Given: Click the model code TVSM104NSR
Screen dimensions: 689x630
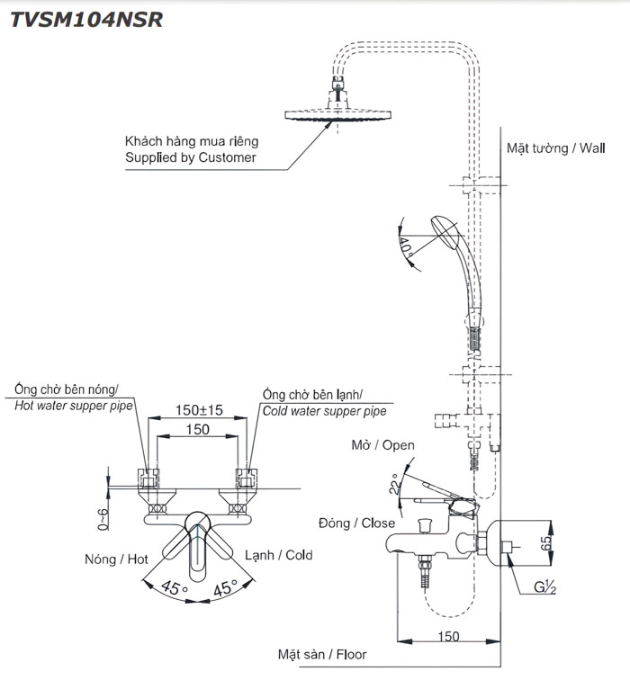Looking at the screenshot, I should click(x=86, y=20).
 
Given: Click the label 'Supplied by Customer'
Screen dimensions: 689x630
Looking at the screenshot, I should click(x=190, y=157).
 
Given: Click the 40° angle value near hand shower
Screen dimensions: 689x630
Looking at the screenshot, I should click(x=405, y=244).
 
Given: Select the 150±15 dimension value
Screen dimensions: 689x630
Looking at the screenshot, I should click(x=199, y=410).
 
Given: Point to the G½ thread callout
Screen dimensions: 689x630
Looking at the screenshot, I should click(x=545, y=588).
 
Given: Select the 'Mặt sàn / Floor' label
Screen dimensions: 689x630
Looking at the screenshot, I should click(x=322, y=655).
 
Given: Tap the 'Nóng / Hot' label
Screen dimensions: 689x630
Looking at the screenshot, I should click(x=117, y=559).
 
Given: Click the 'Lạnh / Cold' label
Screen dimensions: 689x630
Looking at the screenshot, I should click(x=279, y=555).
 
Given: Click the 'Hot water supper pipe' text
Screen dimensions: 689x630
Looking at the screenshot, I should click(x=74, y=406).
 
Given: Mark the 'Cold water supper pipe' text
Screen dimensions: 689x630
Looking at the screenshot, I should click(x=324, y=410).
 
